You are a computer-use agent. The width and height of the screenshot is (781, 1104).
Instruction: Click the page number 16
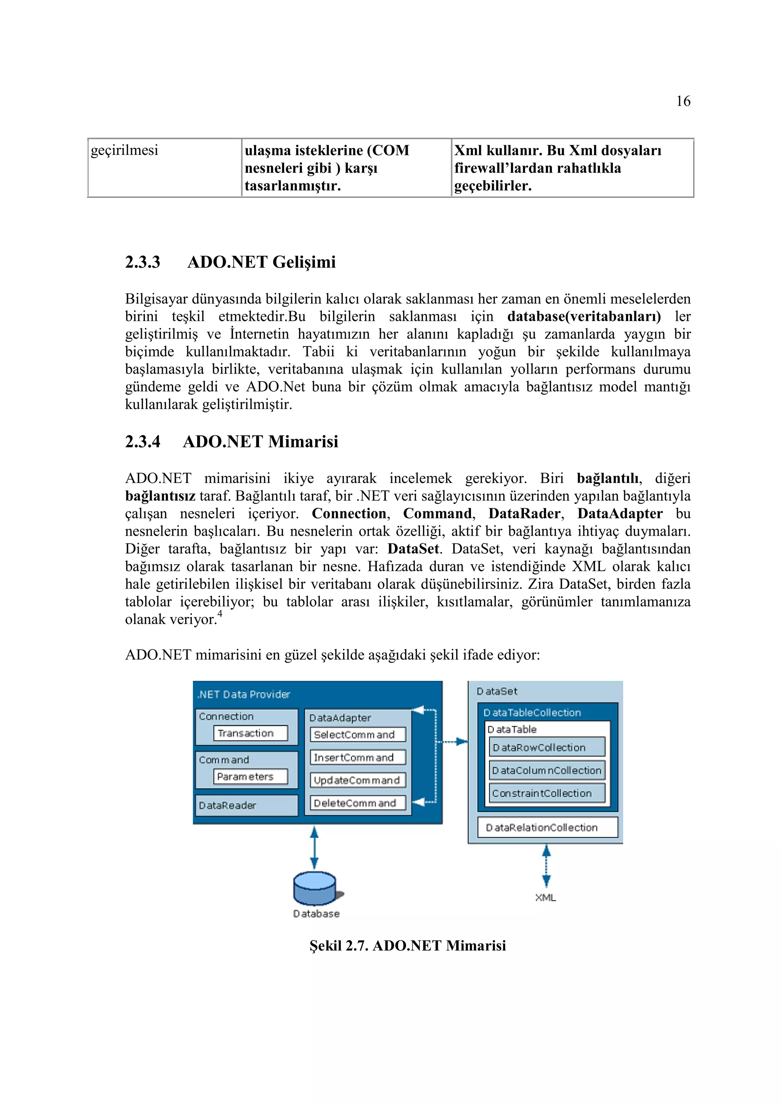(683, 101)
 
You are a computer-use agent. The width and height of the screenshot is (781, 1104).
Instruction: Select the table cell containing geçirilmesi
(164, 167)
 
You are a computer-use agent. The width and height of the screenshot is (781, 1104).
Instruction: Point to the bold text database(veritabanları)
(584, 316)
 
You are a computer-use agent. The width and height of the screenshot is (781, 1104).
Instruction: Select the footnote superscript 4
(220, 613)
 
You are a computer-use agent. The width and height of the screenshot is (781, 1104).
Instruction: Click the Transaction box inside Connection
(250, 733)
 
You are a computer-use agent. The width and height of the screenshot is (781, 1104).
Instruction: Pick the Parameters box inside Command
(250, 777)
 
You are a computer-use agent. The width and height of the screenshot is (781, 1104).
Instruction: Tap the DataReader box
(246, 806)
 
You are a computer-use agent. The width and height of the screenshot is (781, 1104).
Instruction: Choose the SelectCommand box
(357, 735)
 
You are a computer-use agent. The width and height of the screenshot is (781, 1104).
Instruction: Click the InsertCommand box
(357, 758)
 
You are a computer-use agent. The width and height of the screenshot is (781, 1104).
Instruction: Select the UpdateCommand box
(357, 780)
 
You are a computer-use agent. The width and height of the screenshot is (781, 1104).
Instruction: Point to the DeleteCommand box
(357, 803)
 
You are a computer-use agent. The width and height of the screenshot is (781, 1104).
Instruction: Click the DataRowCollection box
(547, 748)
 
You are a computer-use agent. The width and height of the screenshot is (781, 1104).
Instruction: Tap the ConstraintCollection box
(547, 793)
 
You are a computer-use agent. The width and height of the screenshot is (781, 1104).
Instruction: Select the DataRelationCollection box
(547, 828)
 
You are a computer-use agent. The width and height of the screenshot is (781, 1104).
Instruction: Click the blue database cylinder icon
(315, 888)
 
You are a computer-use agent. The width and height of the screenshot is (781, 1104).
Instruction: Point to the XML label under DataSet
(545, 898)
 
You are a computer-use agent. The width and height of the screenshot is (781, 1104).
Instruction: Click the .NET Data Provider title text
(244, 694)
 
